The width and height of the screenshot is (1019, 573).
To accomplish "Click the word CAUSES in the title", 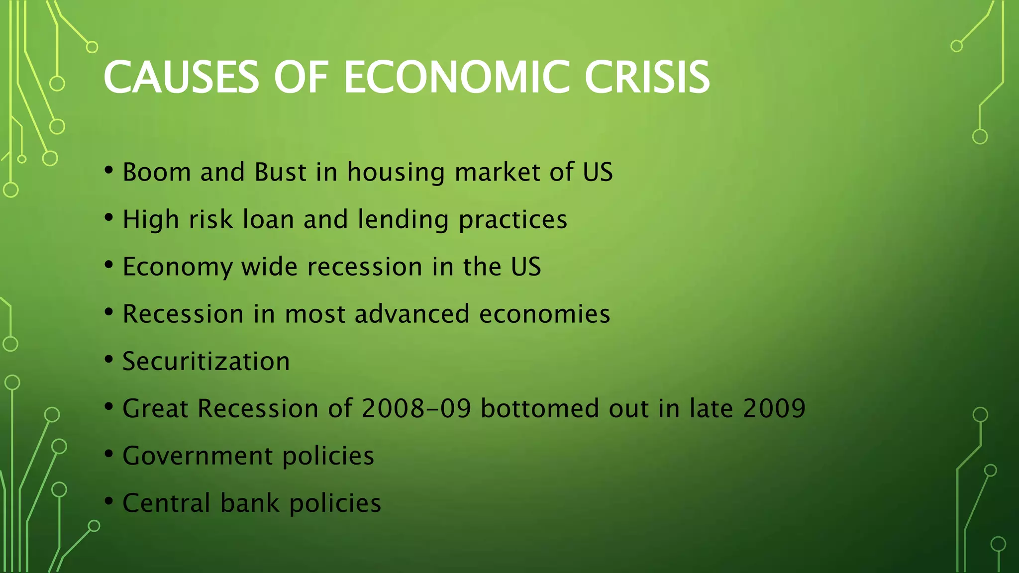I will click(x=181, y=77).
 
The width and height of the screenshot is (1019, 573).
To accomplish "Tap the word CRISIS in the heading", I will click(x=647, y=77).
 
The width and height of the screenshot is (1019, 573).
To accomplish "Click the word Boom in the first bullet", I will click(x=156, y=173).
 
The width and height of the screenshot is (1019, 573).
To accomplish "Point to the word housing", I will click(x=396, y=173).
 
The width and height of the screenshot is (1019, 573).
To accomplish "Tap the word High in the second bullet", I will click(x=151, y=220).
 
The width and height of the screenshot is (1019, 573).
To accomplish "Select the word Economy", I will click(x=177, y=267).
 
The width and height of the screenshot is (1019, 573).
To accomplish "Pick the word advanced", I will click(x=412, y=314).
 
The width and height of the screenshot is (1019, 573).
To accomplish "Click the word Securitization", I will click(x=206, y=362).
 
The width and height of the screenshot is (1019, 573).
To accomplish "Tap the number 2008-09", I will click(x=416, y=409).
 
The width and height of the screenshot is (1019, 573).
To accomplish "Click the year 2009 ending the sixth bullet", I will click(x=774, y=409).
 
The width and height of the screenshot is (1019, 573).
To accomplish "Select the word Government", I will click(x=198, y=456).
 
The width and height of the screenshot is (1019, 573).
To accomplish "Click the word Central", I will click(x=166, y=503).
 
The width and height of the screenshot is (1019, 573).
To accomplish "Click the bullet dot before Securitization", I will click(x=109, y=360).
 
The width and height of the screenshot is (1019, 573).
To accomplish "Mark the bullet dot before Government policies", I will click(x=109, y=454).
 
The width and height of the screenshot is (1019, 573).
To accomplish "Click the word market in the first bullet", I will click(x=497, y=173).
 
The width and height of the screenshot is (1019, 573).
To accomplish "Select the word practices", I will click(x=512, y=220).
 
